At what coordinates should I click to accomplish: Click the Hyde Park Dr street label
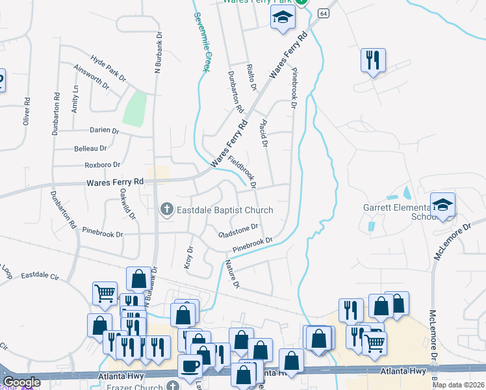tap(109, 68)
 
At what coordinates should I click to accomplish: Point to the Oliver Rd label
tap(27, 111)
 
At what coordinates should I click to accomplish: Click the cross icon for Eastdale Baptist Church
tap(166, 209)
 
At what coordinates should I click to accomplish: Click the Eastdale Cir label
tap(40, 276)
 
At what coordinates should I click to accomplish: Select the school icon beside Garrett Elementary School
tap(442, 205)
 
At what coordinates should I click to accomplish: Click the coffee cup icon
tap(190, 365)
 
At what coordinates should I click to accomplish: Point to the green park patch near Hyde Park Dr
tap(134, 109)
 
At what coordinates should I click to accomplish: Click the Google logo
tap(22, 382)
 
